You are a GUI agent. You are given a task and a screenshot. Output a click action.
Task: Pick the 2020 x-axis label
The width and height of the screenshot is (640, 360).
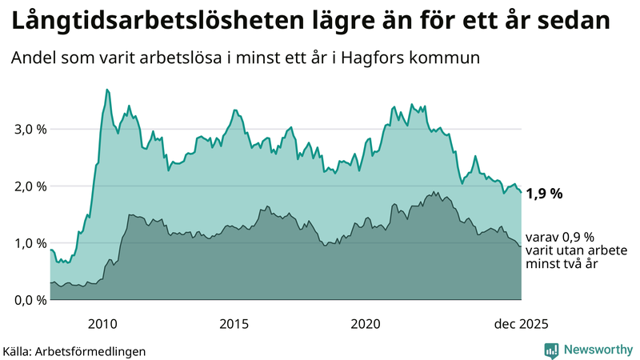point(366,323)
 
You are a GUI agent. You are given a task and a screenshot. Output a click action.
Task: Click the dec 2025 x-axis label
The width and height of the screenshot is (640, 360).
point(521,323)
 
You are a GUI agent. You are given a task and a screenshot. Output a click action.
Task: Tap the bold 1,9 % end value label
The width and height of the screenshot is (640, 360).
point(545,193)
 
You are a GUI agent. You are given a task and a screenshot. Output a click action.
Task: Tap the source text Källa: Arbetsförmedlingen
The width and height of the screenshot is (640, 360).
point(74,351)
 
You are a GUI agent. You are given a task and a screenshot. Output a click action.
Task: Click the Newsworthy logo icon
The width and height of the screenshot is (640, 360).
point(551,350)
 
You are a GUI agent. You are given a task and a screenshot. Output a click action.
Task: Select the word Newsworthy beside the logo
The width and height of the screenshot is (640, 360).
point(598,350)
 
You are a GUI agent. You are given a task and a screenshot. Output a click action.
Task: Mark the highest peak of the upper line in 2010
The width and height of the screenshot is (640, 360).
point(107,90)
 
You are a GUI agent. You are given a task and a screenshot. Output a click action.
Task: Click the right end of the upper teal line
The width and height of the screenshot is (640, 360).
point(522,192)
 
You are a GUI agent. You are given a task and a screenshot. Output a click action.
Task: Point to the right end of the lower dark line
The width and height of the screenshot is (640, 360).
point(522,247)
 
